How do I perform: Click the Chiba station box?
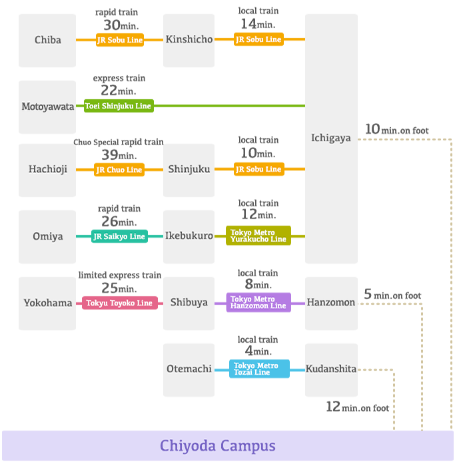pyautogui.click(x=47, y=41)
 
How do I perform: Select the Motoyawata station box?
pyautogui.click(x=47, y=107)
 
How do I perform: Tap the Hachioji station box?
pyautogui.click(x=47, y=170)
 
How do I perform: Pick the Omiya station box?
pyautogui.click(x=47, y=236)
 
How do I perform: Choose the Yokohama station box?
pyautogui.click(x=47, y=303)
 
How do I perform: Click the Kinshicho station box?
pyautogui.click(x=189, y=40)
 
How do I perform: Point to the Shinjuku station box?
pyautogui.click(x=189, y=170)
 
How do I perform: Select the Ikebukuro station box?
pyautogui.click(x=189, y=236)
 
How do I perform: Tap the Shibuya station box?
pyautogui.click(x=189, y=303)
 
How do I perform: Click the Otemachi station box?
pyautogui.click(x=189, y=369)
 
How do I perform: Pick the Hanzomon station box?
pyautogui.click(x=331, y=303)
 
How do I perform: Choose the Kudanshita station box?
pyautogui.click(x=331, y=369)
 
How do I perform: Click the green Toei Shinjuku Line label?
pyautogui.click(x=118, y=106)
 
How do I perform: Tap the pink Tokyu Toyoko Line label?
pyautogui.click(x=120, y=303)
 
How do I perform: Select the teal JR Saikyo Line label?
pyautogui.click(x=119, y=236)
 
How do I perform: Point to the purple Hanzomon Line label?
pyautogui.click(x=258, y=302)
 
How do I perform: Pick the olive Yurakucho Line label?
pyautogui.click(x=258, y=236)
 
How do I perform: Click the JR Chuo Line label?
pyautogui.click(x=119, y=170)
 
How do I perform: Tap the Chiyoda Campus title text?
pyautogui.click(x=217, y=446)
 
